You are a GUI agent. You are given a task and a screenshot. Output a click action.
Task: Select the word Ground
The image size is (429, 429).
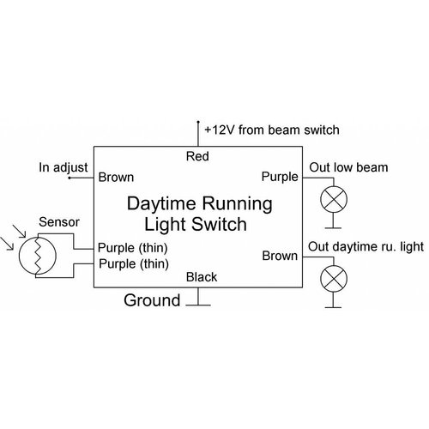click(152, 300)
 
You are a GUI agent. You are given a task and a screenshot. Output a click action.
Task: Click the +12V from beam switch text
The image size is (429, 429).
click(272, 130)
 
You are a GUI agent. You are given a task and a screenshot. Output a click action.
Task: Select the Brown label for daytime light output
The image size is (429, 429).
click(280, 256)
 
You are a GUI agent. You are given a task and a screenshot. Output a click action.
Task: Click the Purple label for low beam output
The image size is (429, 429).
click(279, 178)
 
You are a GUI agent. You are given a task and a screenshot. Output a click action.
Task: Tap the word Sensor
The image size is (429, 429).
click(60, 223)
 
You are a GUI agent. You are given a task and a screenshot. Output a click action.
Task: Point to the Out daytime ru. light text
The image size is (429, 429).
click(365, 247)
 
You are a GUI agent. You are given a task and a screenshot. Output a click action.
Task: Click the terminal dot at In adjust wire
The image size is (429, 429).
click(70, 179)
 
